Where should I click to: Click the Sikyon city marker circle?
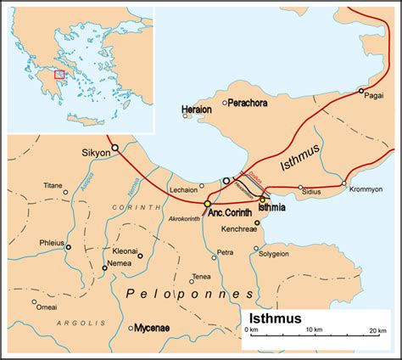coord(114,148)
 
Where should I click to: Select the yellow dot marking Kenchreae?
coord(257,222)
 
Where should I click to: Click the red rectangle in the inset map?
coord(59,75)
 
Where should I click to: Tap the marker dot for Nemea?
coord(104,267)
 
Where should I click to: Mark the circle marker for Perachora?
coord(225,103)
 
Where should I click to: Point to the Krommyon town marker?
coord(343,183)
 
